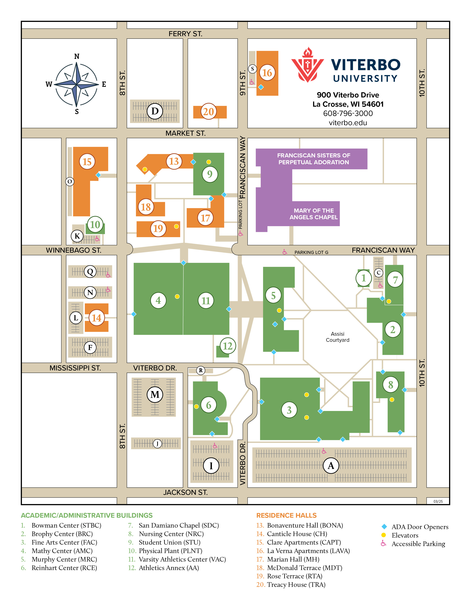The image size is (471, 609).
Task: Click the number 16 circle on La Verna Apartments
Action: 267,73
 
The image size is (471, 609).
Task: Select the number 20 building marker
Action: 208,112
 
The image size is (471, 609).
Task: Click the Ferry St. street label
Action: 185,34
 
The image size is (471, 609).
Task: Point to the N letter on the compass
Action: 77,56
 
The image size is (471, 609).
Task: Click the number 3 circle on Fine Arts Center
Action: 289,410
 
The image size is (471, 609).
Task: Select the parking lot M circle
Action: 155,394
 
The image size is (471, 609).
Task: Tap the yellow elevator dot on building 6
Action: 197,407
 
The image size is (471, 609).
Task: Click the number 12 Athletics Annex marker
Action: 228,346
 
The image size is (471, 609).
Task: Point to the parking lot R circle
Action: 201,370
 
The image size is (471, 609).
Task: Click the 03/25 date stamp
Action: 438,501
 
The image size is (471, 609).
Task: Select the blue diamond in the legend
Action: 384,527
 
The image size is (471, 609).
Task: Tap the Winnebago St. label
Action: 73,250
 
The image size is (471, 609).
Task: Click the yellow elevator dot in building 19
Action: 176,226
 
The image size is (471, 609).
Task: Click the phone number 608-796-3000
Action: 348,113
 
